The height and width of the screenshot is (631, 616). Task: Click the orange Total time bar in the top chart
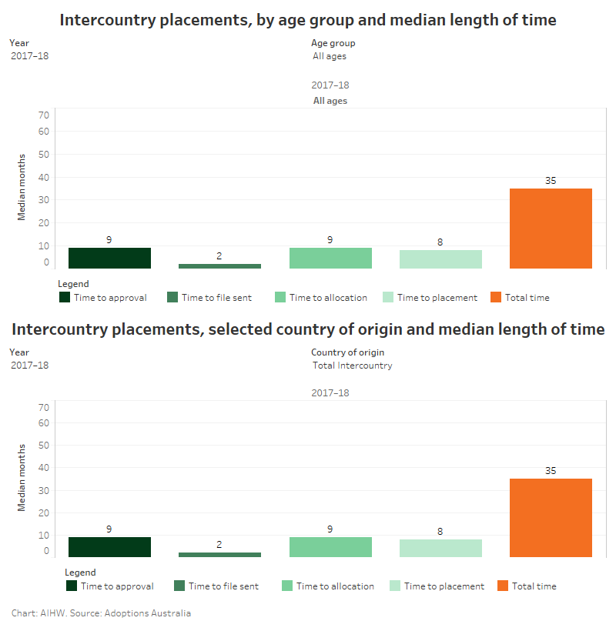(x=551, y=229)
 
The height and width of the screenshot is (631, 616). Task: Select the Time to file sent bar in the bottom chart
(x=219, y=554)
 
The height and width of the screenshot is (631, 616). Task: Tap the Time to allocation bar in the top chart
(x=330, y=259)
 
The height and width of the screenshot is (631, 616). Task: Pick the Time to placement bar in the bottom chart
(x=440, y=548)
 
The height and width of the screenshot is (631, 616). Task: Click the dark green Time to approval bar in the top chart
(x=109, y=259)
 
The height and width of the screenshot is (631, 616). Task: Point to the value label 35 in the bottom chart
(x=551, y=470)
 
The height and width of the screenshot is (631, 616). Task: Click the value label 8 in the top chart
(x=440, y=242)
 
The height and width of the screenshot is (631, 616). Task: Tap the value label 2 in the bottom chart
(x=219, y=544)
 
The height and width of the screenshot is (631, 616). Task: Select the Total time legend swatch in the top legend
(x=495, y=297)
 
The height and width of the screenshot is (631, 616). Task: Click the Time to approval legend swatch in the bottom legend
(x=72, y=586)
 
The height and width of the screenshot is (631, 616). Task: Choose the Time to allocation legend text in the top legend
(x=328, y=298)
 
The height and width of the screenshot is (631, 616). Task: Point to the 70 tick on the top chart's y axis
(x=44, y=115)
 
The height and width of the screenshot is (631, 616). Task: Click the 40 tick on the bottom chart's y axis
(x=44, y=467)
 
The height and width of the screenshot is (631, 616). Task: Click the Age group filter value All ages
(x=330, y=56)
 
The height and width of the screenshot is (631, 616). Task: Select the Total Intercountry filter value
(x=353, y=366)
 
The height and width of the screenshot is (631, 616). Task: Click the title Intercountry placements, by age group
(x=308, y=20)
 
